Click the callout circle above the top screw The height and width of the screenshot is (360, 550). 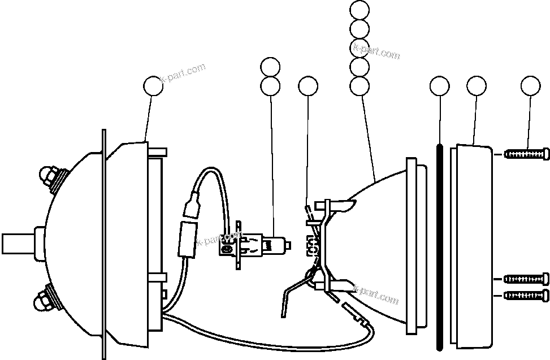530,86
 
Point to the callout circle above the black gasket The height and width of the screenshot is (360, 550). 439,86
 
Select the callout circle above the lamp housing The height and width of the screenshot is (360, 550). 152,86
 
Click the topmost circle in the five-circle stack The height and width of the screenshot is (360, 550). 360,10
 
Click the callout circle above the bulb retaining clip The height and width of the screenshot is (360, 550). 308,86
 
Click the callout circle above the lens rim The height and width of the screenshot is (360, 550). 476,86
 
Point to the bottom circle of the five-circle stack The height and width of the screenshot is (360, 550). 360,86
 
